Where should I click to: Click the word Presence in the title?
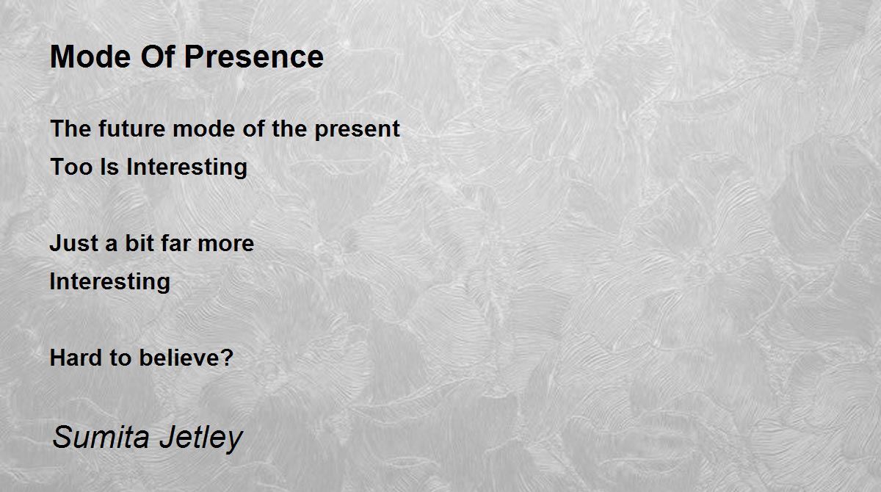tap(254, 57)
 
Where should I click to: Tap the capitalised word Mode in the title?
tap(90, 57)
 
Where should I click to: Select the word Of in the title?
tap(158, 57)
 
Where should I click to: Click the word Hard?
tap(76, 358)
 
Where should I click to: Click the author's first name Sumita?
tap(101, 437)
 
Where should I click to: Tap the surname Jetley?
tap(201, 439)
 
